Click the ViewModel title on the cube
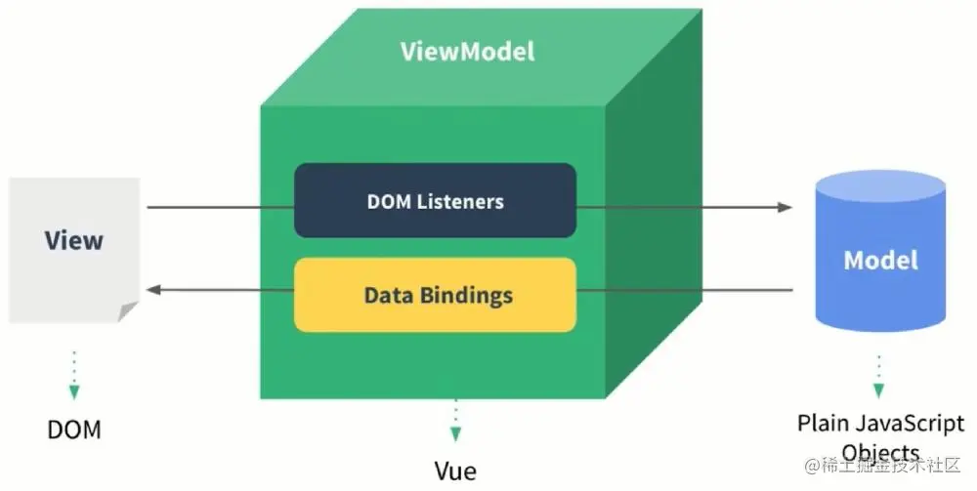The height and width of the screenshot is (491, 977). pyautogui.click(x=467, y=51)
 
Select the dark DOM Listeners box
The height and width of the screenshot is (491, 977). pyautogui.click(x=435, y=201)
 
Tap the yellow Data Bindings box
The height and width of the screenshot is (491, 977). pyautogui.click(x=435, y=294)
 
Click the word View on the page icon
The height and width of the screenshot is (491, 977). pyautogui.click(x=73, y=240)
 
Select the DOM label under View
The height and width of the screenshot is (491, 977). pyautogui.click(x=73, y=430)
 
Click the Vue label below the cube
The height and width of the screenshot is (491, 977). pyautogui.click(x=455, y=471)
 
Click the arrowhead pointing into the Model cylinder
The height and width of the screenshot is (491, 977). pyautogui.click(x=784, y=207)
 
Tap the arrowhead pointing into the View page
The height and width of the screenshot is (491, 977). pyautogui.click(x=153, y=290)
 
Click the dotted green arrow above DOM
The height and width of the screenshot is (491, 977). pyautogui.click(x=73, y=376)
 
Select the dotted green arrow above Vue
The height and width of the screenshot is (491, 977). pyautogui.click(x=455, y=422)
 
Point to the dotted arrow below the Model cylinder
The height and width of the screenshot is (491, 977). pyautogui.click(x=878, y=376)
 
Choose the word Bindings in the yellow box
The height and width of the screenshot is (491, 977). pyautogui.click(x=467, y=295)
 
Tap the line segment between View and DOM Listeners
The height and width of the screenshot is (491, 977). pyautogui.click(x=220, y=207)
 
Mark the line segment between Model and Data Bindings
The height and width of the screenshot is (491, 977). pyautogui.click(x=684, y=290)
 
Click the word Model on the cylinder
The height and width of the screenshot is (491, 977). pyautogui.click(x=881, y=261)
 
